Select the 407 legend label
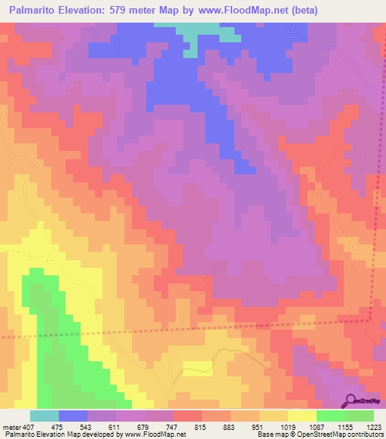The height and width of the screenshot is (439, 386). click(x=27, y=426)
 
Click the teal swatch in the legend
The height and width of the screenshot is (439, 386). click(x=44, y=416)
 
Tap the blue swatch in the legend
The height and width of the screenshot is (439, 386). click(x=73, y=416)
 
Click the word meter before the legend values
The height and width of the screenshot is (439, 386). click(x=11, y=426)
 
